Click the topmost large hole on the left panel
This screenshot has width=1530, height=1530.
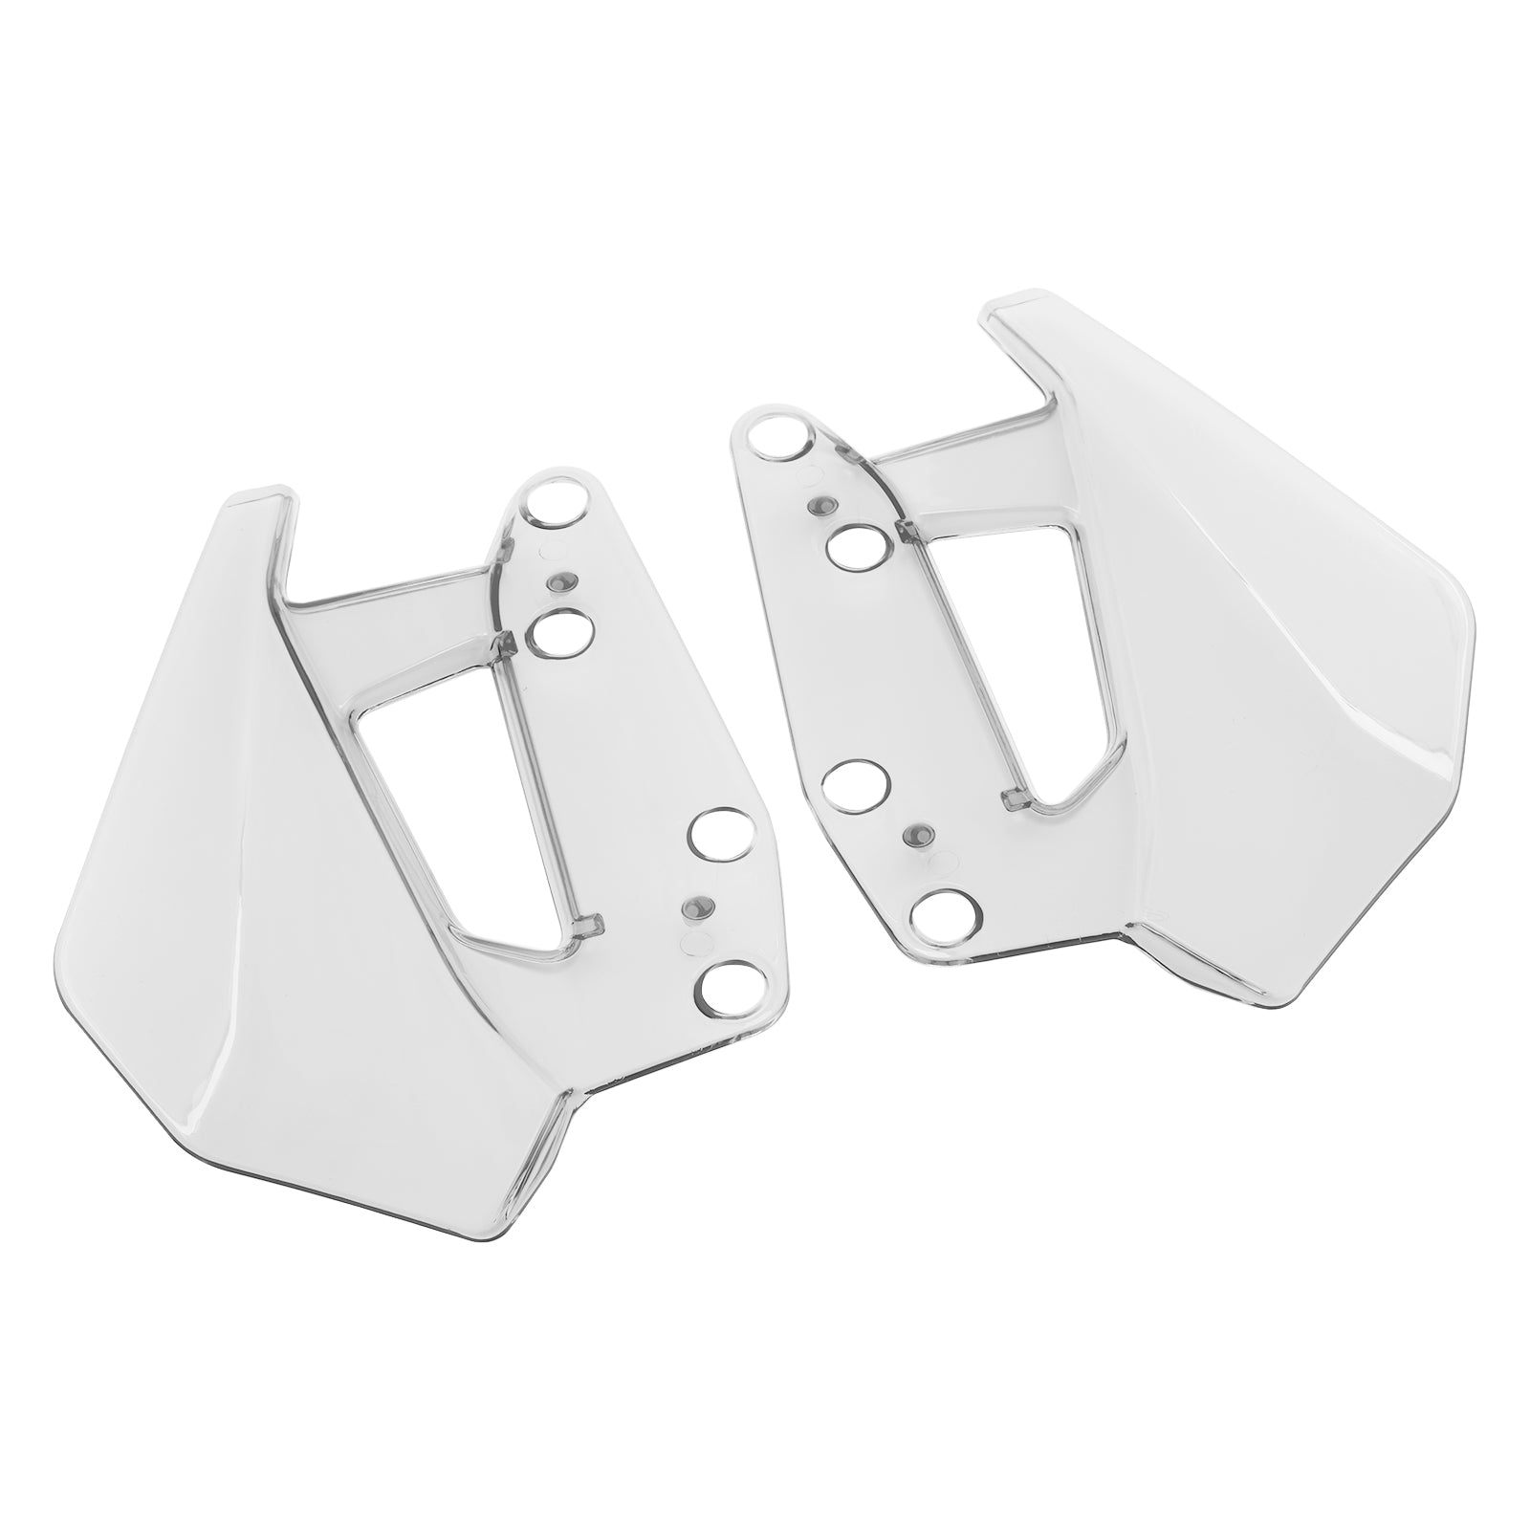tap(557, 504)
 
